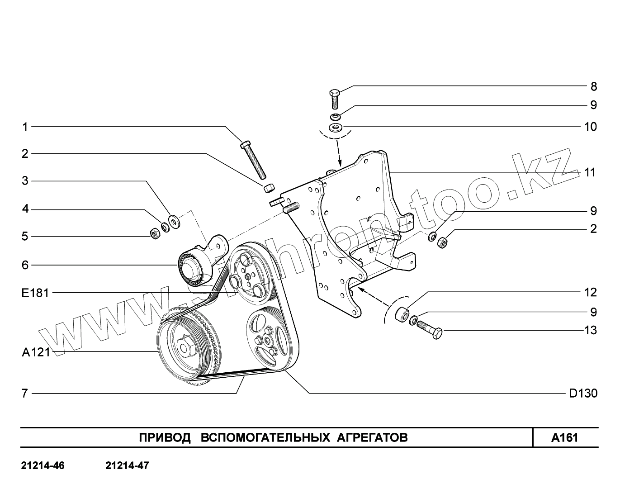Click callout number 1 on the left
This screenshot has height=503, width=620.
25,127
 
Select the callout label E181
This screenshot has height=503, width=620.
35,293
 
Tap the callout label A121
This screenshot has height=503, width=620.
35,352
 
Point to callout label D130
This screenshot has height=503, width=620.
583,394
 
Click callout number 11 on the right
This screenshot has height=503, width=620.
590,172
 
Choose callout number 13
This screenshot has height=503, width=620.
591,330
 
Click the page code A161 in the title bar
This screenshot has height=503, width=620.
565,438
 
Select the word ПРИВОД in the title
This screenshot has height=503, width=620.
165,438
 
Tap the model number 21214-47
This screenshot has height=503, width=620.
127,465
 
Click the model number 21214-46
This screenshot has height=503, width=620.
43,465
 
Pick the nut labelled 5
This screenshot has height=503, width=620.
154,234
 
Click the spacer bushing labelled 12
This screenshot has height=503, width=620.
402,313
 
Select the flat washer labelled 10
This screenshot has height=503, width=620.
335,127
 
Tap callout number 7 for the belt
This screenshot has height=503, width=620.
25,394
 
